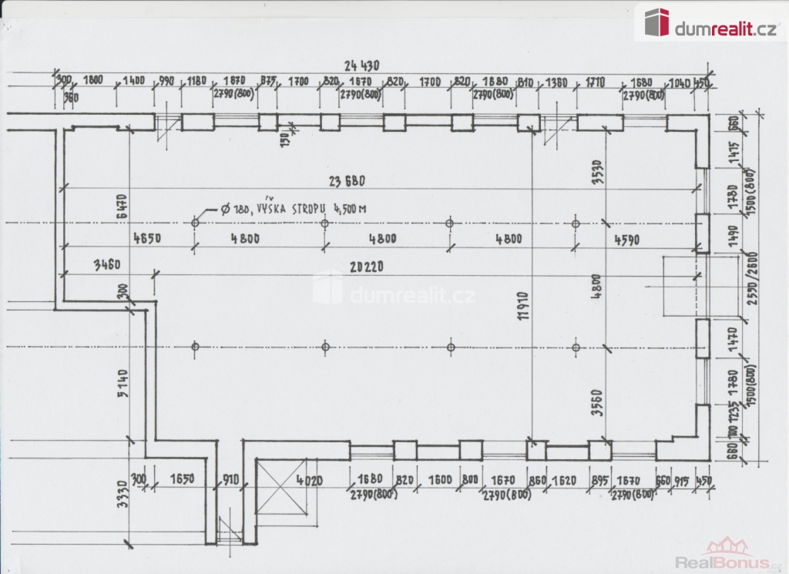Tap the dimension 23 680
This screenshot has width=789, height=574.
tap(345, 182)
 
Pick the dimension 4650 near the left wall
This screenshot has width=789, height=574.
tap(146, 238)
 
